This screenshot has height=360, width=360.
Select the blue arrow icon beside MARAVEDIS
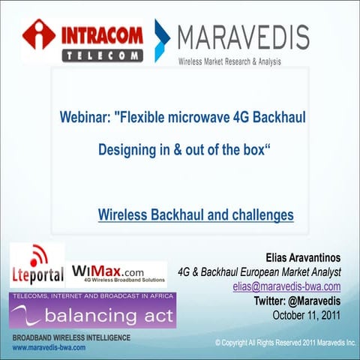pos(161,40)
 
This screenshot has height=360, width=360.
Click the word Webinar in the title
pos(86,118)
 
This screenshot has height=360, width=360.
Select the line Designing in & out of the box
pos(184,149)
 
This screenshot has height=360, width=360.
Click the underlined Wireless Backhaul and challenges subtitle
pos(196,215)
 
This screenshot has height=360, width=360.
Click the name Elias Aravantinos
pos(303,258)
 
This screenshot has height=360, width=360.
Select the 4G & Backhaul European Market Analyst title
pos(259,272)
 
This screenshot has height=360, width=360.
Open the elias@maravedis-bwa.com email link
pos(286,286)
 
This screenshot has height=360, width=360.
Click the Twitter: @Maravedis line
pos(302,301)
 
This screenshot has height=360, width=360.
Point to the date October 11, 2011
pos(306,315)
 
